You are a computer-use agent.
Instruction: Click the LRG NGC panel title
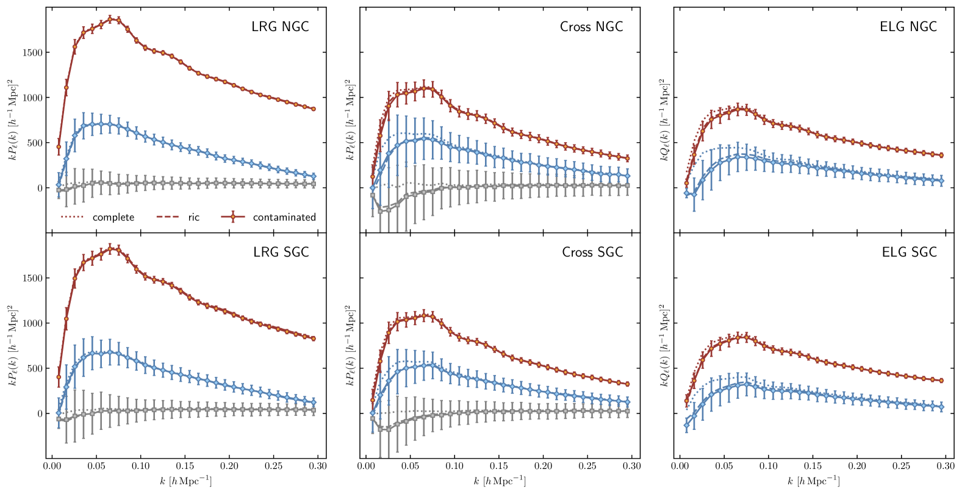[280, 27]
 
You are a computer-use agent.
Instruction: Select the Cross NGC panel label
[591, 27]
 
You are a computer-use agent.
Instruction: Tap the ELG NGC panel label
[908, 27]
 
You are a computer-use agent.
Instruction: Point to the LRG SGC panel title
[281, 252]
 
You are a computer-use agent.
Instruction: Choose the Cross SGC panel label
[592, 252]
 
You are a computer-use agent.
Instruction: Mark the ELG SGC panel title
[909, 252]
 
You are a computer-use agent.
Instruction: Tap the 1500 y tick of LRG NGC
[32, 53]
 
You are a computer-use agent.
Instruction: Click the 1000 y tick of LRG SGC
[32, 324]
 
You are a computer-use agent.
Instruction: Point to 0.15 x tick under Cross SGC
[498, 467]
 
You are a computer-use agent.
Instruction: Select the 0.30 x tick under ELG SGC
[945, 467]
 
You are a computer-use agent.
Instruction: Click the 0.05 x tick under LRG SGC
[96, 467]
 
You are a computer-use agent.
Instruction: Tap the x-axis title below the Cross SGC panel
[500, 481]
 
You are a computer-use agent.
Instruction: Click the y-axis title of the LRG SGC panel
[12, 346]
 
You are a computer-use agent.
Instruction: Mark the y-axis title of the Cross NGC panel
[350, 120]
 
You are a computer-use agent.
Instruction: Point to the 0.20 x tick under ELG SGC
[856, 467]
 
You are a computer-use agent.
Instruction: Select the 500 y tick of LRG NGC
[35, 143]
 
